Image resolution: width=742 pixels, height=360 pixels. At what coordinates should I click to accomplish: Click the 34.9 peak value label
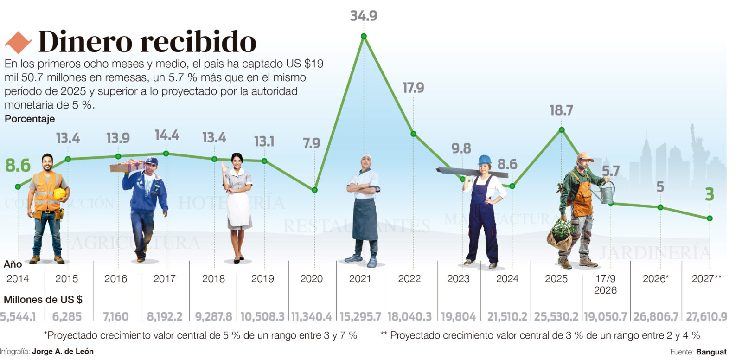[364, 16]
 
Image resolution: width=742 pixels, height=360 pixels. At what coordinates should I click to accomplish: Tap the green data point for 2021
[364, 36]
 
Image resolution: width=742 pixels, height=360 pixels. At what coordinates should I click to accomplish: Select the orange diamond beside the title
[18, 42]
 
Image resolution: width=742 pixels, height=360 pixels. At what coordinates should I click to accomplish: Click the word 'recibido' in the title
[198, 41]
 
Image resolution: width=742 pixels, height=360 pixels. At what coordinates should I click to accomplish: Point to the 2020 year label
[311, 278]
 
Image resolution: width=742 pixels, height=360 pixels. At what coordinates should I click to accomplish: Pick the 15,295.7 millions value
[360, 316]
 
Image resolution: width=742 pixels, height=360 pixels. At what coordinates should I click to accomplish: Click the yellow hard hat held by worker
[60, 193]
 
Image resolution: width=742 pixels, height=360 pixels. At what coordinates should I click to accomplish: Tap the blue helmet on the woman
[484, 160]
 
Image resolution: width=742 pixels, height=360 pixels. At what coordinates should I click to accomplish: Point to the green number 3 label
[710, 194]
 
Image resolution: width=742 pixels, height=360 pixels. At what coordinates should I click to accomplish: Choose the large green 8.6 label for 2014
[18, 166]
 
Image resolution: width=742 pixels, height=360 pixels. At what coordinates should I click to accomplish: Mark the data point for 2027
[710, 219]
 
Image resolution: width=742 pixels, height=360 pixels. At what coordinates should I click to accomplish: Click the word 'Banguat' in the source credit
[711, 352]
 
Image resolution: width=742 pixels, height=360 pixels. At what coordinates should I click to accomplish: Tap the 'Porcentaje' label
[30, 119]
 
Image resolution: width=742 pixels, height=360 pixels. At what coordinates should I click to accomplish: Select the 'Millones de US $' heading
[43, 299]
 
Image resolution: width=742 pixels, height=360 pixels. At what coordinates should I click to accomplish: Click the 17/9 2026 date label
[606, 284]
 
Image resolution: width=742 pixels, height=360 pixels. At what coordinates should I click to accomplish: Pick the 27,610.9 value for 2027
[707, 316]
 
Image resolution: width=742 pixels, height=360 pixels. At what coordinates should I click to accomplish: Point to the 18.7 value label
[562, 110]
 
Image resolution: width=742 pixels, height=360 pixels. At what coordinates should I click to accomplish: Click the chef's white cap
[366, 156]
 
